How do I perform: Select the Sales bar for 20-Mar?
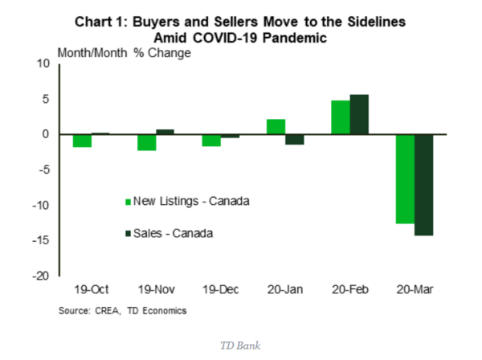tap(423, 185)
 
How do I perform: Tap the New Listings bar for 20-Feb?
tap(341, 117)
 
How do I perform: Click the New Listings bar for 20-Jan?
tap(276, 126)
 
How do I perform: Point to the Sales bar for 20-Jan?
tap(296, 139)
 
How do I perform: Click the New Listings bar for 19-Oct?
tap(83, 141)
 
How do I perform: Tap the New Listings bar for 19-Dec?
tap(211, 140)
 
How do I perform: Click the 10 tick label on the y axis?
tap(45, 64)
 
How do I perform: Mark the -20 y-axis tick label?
tap(42, 276)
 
